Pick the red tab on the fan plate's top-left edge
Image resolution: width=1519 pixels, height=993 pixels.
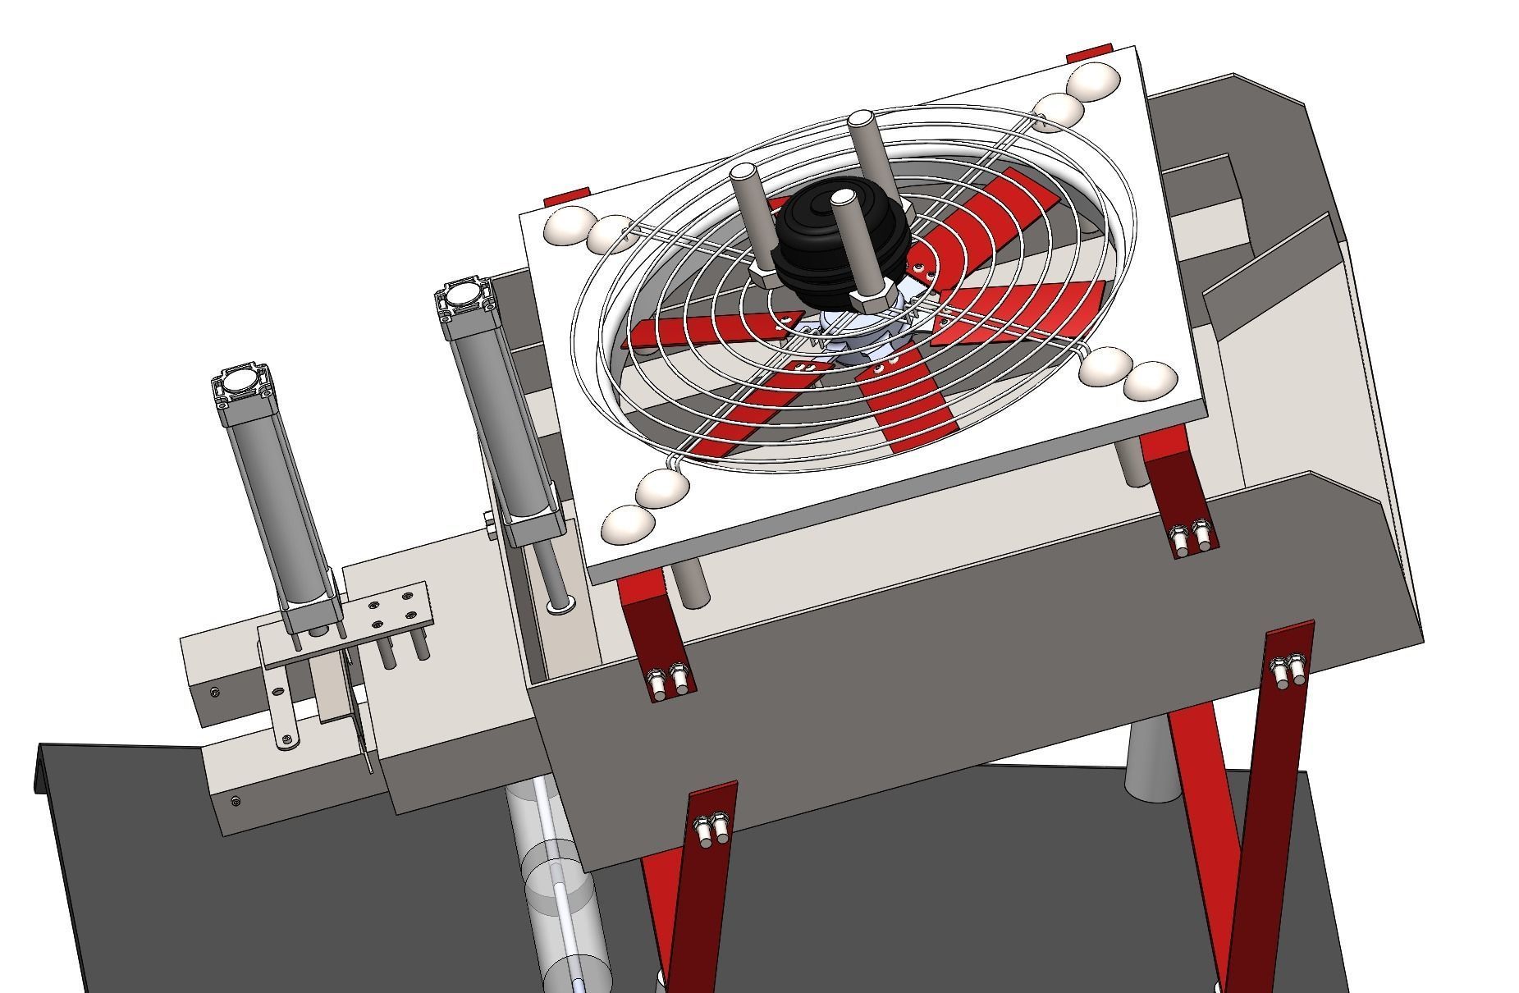tap(566, 197)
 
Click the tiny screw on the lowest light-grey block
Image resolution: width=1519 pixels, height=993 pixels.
tap(236, 800)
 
